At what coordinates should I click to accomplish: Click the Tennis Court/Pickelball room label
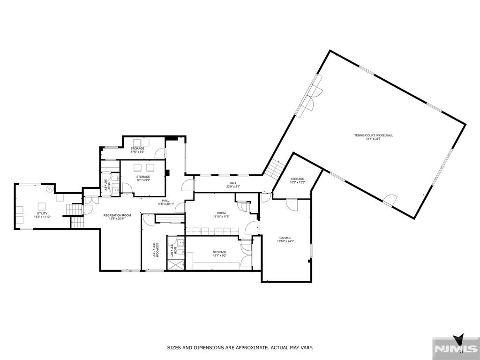pos(373,135)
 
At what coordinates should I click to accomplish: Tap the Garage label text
pos(285,238)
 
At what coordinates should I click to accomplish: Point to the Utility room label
pos(42,213)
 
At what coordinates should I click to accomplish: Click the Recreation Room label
pos(117,215)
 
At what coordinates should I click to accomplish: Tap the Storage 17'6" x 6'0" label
pos(137,149)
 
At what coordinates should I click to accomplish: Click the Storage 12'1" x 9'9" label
pos(143,177)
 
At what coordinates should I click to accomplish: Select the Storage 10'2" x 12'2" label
pos(297,179)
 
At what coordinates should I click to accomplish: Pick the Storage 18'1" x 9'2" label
pos(219,252)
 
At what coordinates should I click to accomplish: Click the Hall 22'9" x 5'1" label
pos(233,183)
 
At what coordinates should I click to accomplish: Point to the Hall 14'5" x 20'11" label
pos(165,200)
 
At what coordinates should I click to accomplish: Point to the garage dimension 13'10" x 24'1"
pos(285,242)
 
